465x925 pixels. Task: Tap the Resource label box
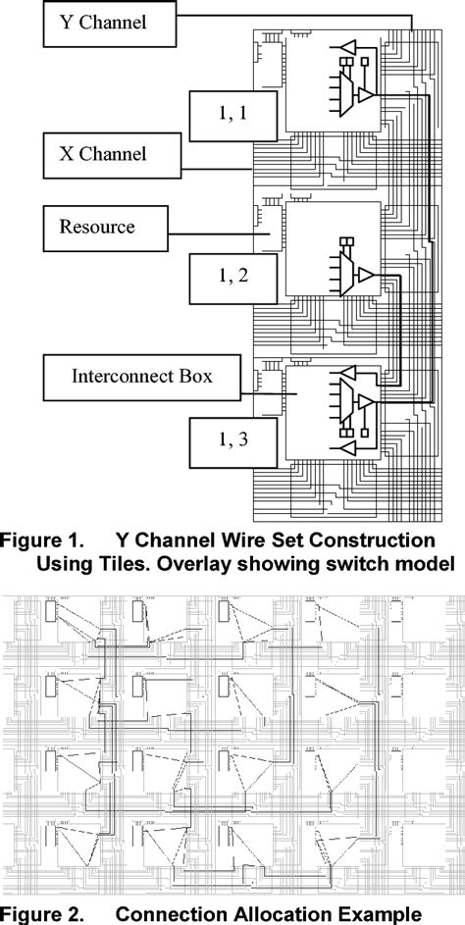coord(96,228)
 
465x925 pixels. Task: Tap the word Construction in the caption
coord(374,540)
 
